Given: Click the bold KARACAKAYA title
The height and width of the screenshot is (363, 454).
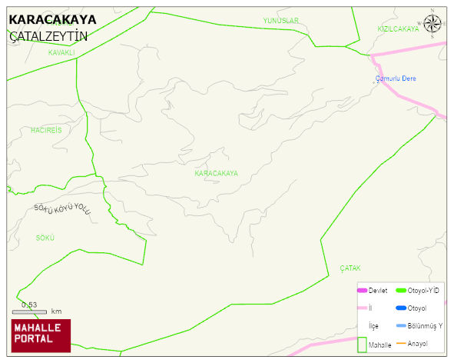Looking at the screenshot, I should (52, 20).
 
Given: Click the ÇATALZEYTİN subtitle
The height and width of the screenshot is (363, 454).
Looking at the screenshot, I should (48, 36).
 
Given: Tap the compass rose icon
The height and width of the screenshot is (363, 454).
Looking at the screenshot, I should (433, 24).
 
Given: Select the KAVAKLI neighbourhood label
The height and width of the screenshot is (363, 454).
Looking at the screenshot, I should (61, 53).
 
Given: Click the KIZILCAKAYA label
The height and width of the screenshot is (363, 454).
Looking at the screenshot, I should (398, 28).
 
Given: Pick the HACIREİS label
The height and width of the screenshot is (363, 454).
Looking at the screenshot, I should (46, 130).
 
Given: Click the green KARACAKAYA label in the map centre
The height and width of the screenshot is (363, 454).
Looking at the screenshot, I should (216, 174).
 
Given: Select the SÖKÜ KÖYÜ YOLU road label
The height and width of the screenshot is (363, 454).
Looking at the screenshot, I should (63, 210).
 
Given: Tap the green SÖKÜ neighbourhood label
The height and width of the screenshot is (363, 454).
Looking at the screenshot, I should (45, 238).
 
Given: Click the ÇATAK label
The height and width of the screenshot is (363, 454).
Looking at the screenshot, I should (350, 268).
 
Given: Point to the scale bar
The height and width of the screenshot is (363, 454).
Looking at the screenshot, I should (29, 312).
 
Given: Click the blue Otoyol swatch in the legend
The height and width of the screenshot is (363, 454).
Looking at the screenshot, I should (400, 308).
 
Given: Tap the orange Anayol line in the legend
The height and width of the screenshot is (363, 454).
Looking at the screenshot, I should (400, 343).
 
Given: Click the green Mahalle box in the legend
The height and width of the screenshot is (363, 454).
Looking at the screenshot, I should (362, 344).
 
